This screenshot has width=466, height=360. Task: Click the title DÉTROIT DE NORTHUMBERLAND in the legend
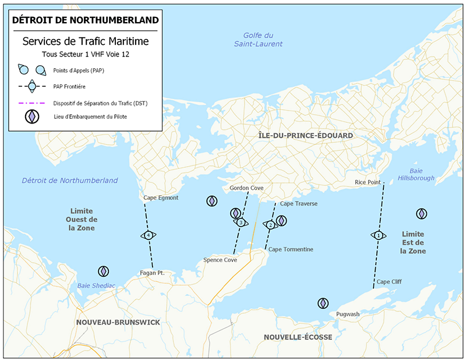85,20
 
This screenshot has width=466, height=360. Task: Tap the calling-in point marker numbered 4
149,235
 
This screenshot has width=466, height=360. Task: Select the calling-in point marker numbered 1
379,235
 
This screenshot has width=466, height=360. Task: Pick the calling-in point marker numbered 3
240,223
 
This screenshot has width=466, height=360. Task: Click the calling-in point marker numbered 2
270,225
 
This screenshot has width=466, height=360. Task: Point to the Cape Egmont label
161,198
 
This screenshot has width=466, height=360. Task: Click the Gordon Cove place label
246,188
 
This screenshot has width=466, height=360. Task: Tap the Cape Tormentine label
291,249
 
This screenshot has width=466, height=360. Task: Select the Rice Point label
368,182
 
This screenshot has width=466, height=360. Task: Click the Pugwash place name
348,314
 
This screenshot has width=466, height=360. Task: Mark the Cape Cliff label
389,281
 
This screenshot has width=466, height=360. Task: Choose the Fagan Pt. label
153,273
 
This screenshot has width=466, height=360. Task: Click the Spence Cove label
220,260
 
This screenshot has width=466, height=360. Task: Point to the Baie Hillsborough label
416,174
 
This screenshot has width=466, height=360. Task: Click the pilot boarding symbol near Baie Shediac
103,271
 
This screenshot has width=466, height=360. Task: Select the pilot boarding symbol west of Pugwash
323,303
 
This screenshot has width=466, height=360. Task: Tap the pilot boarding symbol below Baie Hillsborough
421,214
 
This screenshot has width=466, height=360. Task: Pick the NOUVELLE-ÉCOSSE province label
298,337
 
